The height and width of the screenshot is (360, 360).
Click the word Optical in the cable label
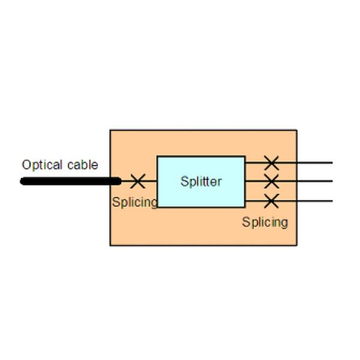pos(42,165)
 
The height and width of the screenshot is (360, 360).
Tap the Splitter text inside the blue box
pos(201,182)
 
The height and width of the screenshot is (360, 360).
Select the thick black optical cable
pos(71,181)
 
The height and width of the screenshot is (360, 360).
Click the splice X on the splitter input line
pos(138,181)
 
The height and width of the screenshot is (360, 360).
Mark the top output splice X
pos(271,163)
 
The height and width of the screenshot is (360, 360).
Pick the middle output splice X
pos(271,181)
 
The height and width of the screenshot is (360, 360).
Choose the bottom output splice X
pos(271,201)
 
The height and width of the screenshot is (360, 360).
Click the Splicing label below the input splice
pos(135,203)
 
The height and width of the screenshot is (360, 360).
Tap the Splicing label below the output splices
pos(265,222)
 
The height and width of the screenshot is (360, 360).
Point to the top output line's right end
pos(332,163)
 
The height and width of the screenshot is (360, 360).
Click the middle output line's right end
pos(332,181)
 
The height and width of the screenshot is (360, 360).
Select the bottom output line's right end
pos(332,201)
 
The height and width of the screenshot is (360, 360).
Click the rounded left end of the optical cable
pos(22,181)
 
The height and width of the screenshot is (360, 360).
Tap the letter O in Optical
pos(26,165)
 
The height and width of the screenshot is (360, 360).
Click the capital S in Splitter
pos(184,181)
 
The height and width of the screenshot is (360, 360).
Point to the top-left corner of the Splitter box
pos(157,157)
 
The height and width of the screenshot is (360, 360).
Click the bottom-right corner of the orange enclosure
pos(297,245)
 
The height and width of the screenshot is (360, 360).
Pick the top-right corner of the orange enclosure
pos(297,130)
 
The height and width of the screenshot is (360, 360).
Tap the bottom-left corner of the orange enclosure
pos(110,245)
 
